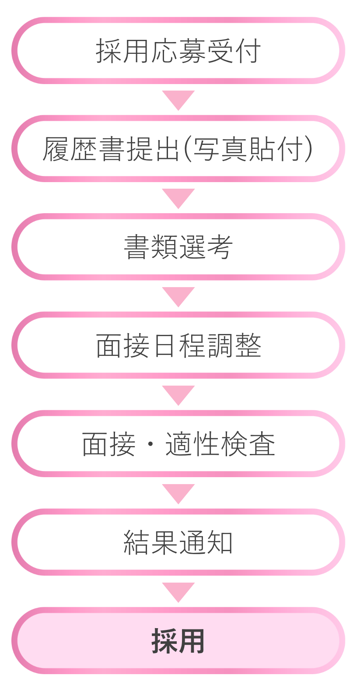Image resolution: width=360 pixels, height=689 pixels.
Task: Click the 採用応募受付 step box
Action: tap(178, 51)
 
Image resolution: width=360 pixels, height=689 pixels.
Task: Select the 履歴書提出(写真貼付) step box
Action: tap(178, 149)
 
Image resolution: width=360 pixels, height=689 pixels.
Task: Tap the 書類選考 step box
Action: tap(178, 247)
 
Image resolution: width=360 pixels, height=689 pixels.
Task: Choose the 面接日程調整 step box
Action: tap(178, 345)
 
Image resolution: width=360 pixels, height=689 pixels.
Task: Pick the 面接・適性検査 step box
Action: tap(178, 444)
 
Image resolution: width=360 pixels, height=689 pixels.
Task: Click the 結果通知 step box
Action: tap(178, 542)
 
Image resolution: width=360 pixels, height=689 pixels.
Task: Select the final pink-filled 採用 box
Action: tap(178, 641)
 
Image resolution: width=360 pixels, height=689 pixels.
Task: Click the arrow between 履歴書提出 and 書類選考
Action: tap(178, 198)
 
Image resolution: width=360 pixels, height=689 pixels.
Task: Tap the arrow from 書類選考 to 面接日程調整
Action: tap(178, 296)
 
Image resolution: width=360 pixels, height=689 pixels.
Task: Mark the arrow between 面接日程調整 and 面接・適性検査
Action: tap(178, 395)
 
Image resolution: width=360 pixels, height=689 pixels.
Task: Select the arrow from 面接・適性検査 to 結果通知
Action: tap(178, 493)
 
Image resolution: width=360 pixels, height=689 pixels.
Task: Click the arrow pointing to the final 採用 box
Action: tap(178, 591)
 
